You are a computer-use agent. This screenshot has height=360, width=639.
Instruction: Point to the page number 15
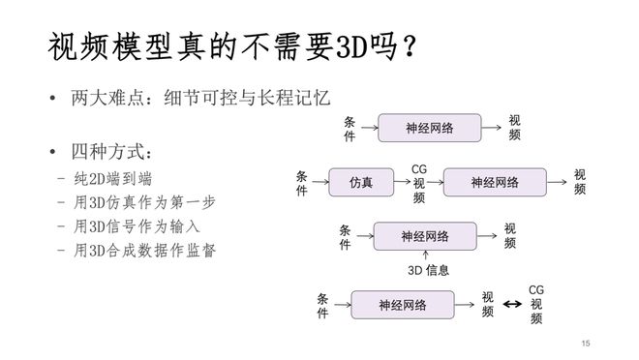tap(586, 344)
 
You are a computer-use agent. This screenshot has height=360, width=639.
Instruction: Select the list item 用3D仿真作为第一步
tap(136, 201)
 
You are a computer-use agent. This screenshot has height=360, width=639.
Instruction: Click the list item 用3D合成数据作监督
tap(136, 250)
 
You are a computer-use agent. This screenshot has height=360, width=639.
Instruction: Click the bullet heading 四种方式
tap(112, 153)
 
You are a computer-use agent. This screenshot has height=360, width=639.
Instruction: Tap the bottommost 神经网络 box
tap(402, 305)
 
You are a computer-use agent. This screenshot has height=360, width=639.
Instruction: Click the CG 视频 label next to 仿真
tap(419, 183)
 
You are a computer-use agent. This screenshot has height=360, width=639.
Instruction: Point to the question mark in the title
tap(411, 46)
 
